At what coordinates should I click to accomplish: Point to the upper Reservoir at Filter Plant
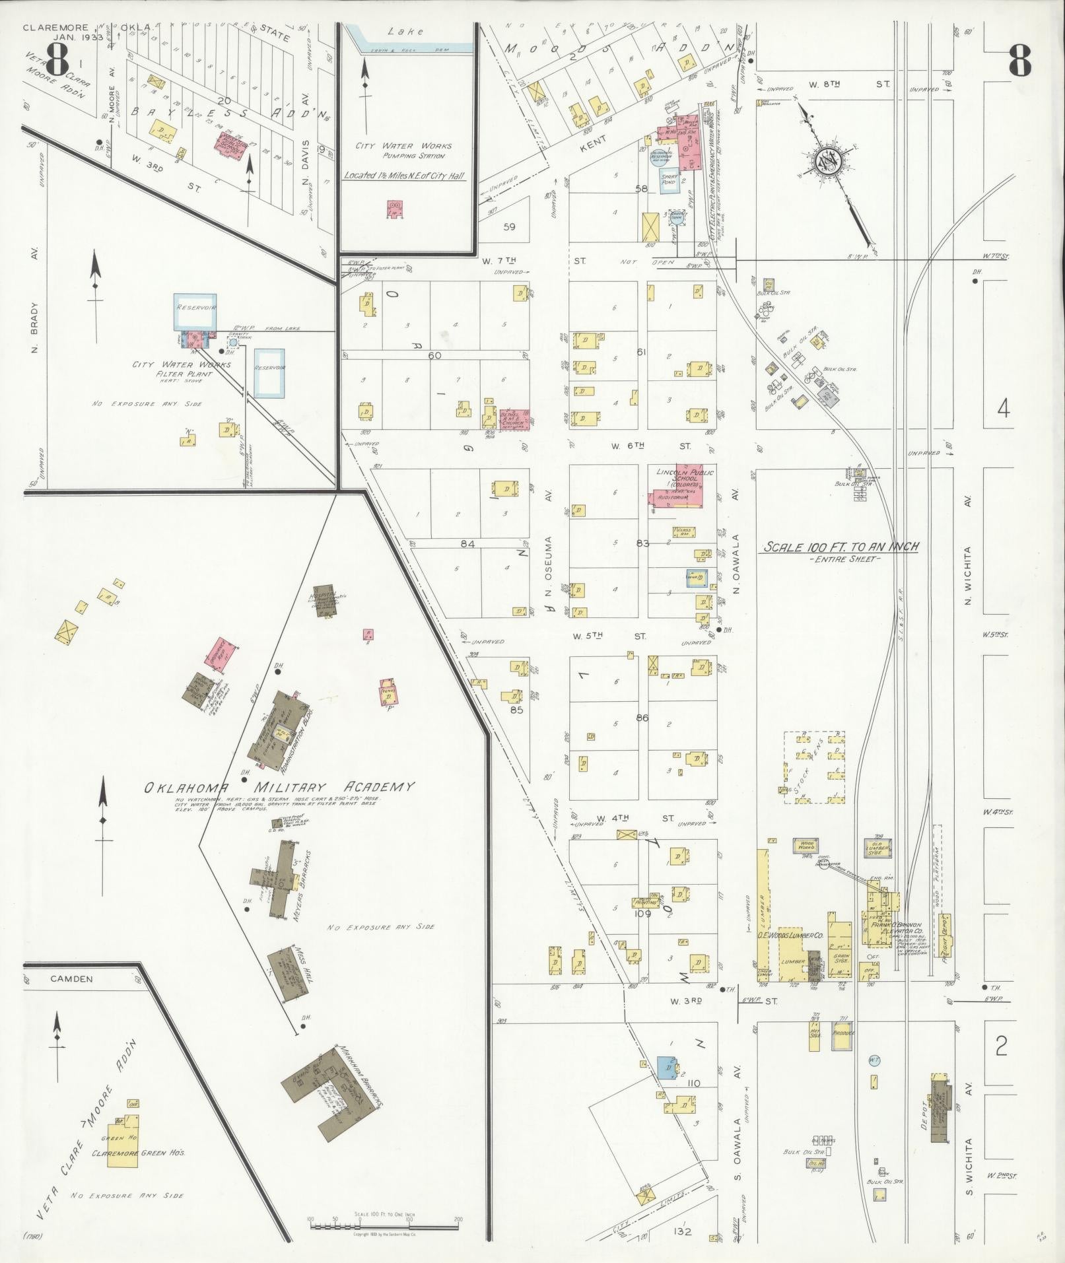click(x=195, y=312)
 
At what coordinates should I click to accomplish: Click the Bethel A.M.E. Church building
click(x=515, y=419)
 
